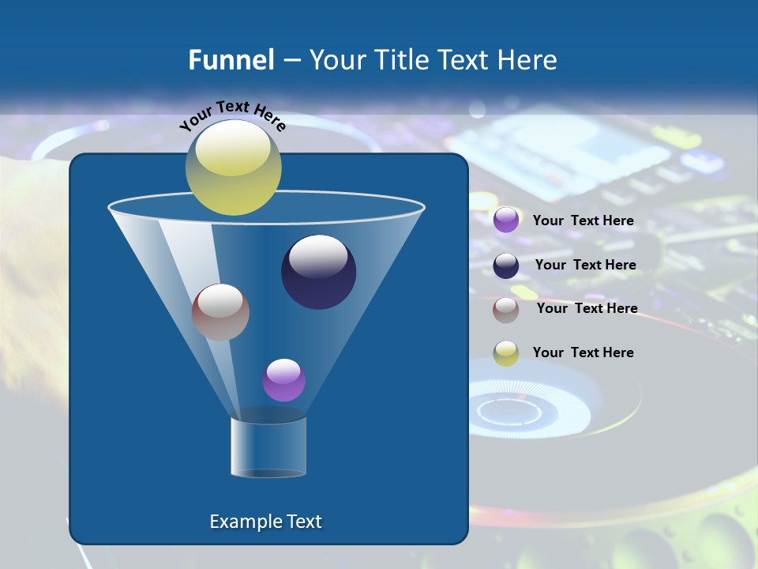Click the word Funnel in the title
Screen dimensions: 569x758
(231, 59)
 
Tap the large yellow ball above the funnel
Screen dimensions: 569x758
(233, 168)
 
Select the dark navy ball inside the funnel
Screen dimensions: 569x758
(319, 273)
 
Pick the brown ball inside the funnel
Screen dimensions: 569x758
(220, 312)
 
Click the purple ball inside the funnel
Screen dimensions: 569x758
(283, 380)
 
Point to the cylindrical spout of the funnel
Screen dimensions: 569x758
(268, 447)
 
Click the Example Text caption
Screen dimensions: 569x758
(265, 522)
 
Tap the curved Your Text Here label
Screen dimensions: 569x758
(232, 115)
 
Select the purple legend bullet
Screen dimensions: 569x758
(506, 220)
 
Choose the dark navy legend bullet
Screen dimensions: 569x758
(506, 265)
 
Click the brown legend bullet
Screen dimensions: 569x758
(506, 309)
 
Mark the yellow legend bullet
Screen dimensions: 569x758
(506, 353)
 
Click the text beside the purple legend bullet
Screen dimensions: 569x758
(583, 220)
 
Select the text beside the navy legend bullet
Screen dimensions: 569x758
(585, 265)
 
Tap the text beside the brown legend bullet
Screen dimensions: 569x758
(587, 308)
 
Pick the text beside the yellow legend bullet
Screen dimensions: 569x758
(583, 352)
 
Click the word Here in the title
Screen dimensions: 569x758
(530, 59)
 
